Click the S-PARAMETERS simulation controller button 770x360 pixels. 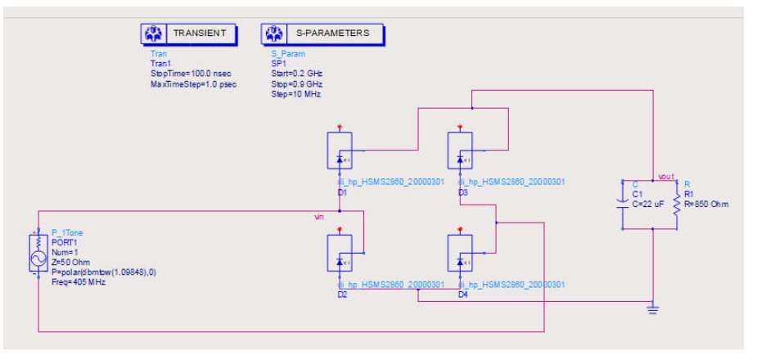tap(323, 34)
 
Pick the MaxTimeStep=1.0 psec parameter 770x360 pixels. tap(193, 84)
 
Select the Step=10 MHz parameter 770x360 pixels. tap(295, 94)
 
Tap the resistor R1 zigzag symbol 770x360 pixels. tap(677, 203)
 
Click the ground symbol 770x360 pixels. tap(652, 309)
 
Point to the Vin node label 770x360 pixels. tap(320, 218)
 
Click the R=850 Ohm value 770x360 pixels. tap(705, 204)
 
